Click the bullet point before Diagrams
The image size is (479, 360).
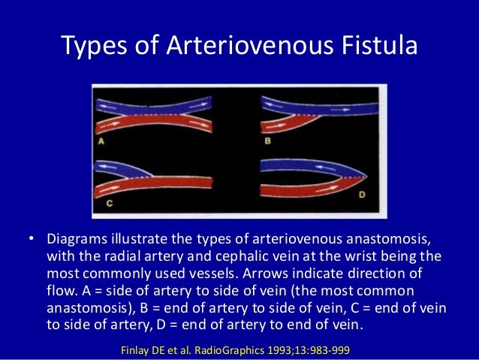[32, 240]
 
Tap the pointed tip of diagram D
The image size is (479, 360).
[368, 176]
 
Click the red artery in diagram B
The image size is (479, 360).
[315, 120]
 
